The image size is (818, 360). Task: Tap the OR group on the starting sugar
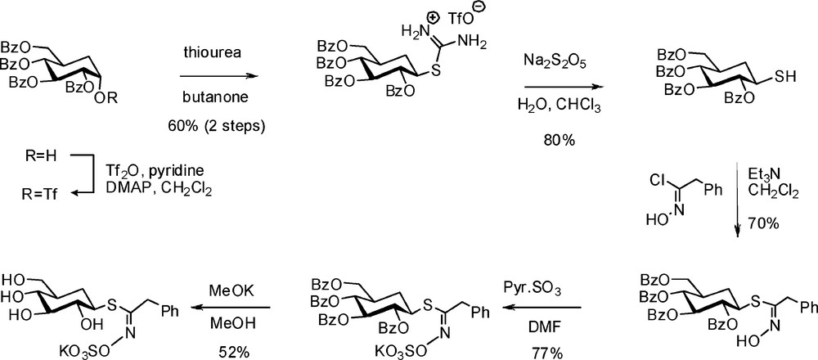[x=128, y=100]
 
